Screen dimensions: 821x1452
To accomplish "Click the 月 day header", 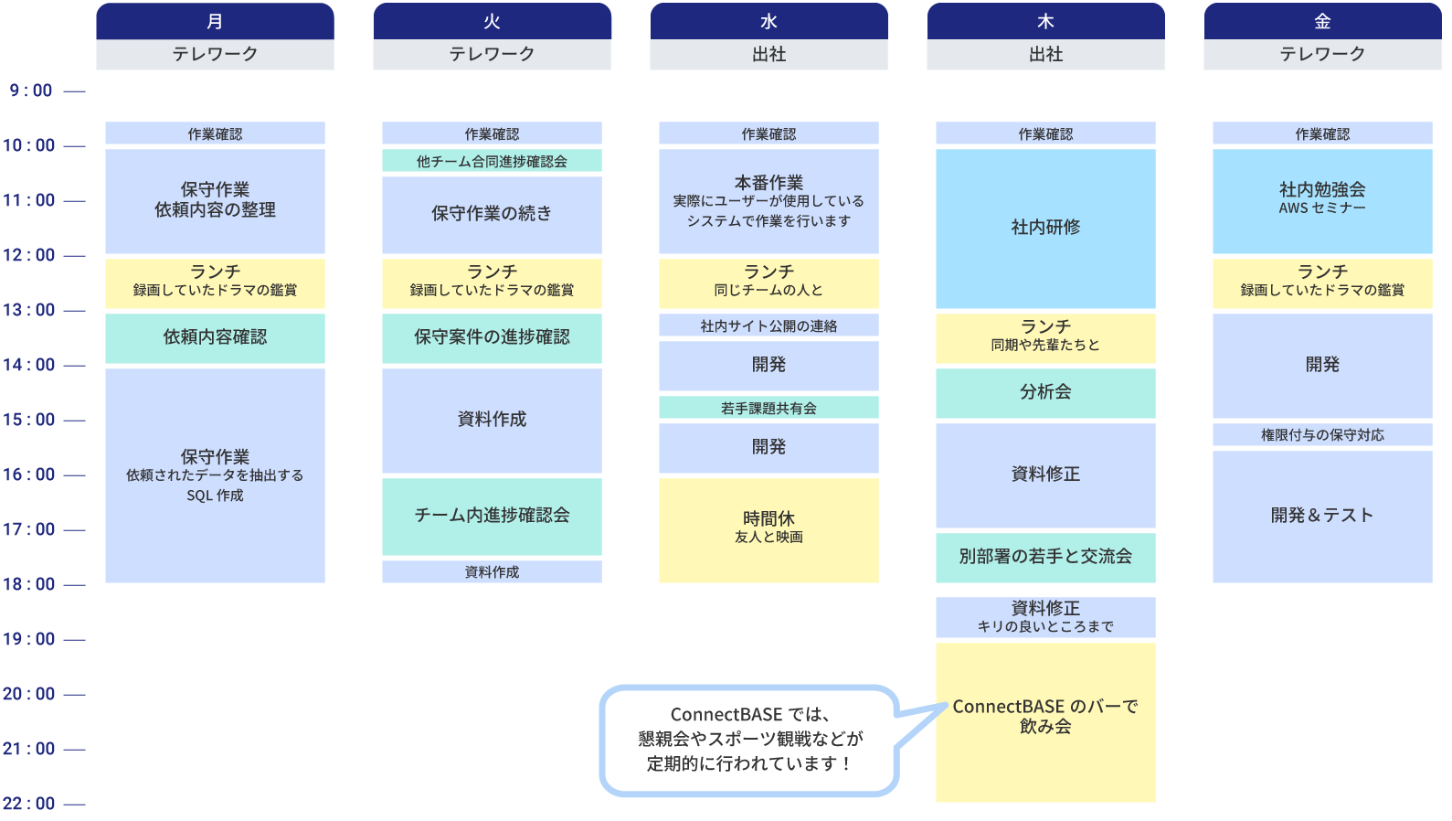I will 215,21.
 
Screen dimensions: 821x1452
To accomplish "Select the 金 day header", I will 1322,21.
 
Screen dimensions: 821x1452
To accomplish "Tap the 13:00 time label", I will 30,310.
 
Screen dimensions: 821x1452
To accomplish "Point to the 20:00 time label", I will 30,694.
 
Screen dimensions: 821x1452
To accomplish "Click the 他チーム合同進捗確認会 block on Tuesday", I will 492,161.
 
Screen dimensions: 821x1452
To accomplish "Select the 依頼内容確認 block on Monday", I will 215,337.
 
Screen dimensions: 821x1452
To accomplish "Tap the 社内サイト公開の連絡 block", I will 768,325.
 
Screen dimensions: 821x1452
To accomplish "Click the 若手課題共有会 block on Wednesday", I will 768,408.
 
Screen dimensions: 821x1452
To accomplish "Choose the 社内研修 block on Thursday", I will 1045,228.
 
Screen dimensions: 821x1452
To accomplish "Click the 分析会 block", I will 1045,392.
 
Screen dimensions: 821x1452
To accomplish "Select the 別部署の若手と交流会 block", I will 1045,557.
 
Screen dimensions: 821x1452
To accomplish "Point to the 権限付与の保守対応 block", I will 1322,435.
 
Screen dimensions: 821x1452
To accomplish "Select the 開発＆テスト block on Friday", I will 1322,516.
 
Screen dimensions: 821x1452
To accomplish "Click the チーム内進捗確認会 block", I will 492,516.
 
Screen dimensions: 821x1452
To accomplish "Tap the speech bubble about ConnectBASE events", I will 749,739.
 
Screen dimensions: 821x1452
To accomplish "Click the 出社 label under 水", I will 768,54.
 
